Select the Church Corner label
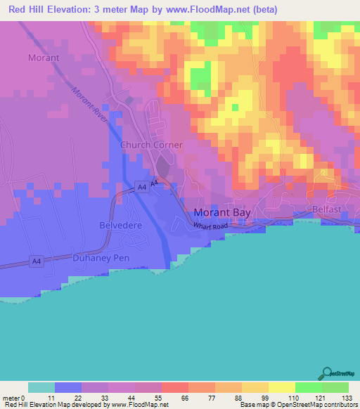[x=151, y=145]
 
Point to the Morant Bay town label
[x=223, y=213]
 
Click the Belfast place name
[x=327, y=209]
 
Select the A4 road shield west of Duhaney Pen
[x=36, y=261]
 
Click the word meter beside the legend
[x=13, y=398]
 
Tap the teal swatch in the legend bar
[x=41, y=387]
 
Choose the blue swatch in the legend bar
[x=68, y=387]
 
